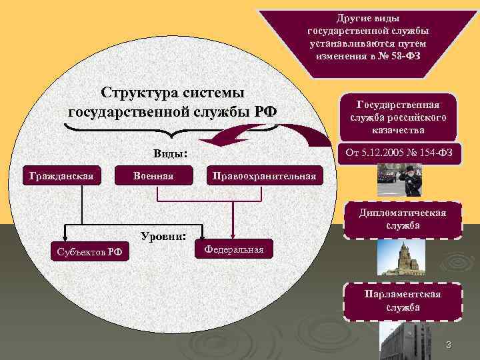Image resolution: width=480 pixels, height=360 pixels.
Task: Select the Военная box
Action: tap(153, 175)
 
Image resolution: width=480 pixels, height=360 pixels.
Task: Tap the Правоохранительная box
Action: tap(265, 175)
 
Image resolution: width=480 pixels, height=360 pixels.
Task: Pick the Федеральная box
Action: tap(234, 249)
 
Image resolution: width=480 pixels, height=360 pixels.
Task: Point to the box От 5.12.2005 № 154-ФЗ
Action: tap(397, 154)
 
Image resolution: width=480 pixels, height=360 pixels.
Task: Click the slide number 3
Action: tap(449, 345)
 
